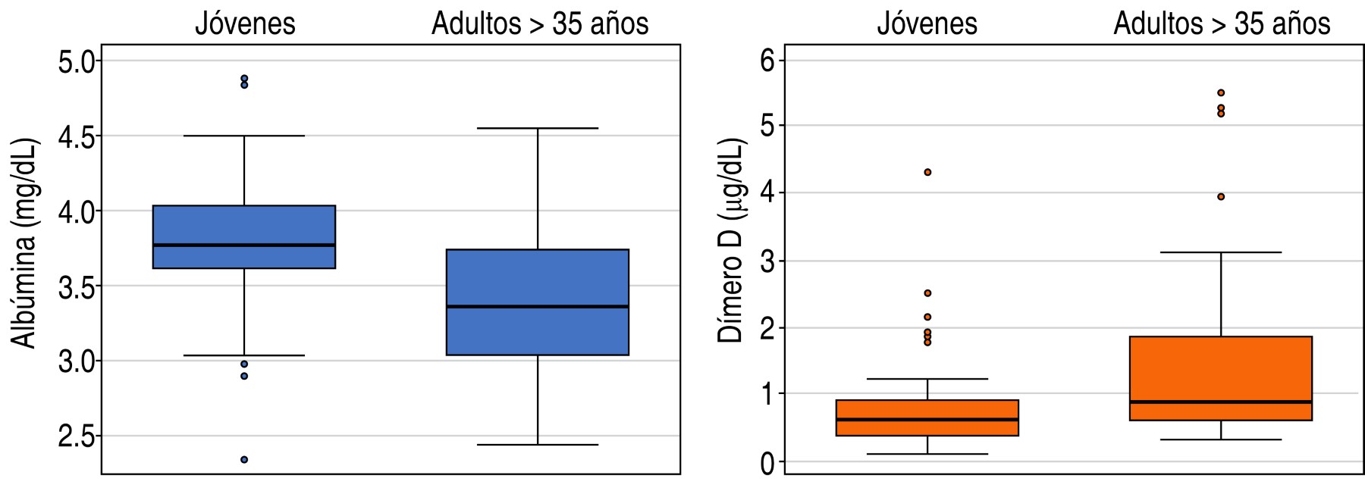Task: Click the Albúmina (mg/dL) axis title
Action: pos(24,242)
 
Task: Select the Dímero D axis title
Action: pos(731,241)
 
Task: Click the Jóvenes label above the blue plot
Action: pos(245,23)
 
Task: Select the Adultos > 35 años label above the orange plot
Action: pos(1222,23)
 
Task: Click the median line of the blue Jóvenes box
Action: pos(244,245)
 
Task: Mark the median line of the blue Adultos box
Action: pos(538,306)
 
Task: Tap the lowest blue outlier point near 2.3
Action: pos(244,459)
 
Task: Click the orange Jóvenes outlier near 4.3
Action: pos(927,172)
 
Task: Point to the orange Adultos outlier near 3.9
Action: pos(1221,196)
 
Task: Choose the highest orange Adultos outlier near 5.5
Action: pos(1221,92)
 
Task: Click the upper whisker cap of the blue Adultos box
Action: pos(538,128)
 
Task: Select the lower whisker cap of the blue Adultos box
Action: pos(538,445)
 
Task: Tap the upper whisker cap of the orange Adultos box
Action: pos(1221,252)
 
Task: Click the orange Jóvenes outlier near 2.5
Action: pos(927,292)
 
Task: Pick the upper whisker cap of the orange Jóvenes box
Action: pos(927,378)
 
